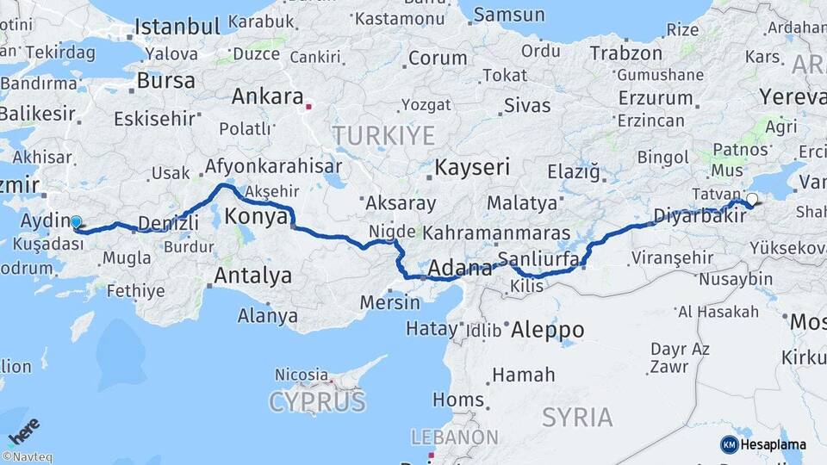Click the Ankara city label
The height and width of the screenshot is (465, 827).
click(x=267, y=96)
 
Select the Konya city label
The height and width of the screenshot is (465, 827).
click(x=255, y=217)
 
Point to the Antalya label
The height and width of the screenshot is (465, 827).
click(x=252, y=276)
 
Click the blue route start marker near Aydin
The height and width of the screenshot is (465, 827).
click(x=76, y=222)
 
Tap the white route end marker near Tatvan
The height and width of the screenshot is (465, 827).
click(x=752, y=200)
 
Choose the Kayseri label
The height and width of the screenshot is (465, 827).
click(x=473, y=166)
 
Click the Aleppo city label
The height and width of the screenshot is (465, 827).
click(x=547, y=330)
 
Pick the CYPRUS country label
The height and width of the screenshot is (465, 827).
click(x=317, y=401)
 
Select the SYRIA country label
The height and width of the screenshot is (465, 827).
click(x=577, y=418)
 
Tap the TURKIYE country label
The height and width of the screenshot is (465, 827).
click(x=384, y=135)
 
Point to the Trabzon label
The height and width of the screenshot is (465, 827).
click(x=626, y=53)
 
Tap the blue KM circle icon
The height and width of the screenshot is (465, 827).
click(x=729, y=444)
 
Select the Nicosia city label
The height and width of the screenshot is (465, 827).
click(x=301, y=375)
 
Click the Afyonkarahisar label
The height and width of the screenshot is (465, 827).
click(x=273, y=166)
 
